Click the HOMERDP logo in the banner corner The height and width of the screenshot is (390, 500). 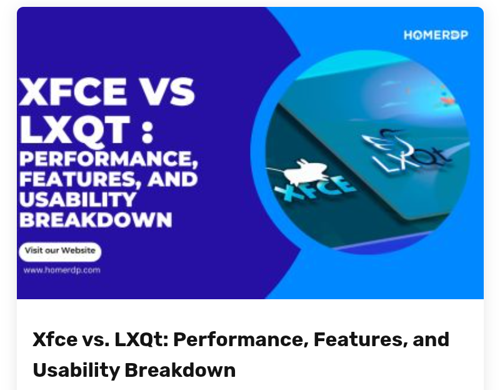(435, 35)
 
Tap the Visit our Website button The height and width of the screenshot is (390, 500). (60, 250)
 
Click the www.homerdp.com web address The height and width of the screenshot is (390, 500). (62, 270)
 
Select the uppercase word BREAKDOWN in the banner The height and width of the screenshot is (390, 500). (95, 220)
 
